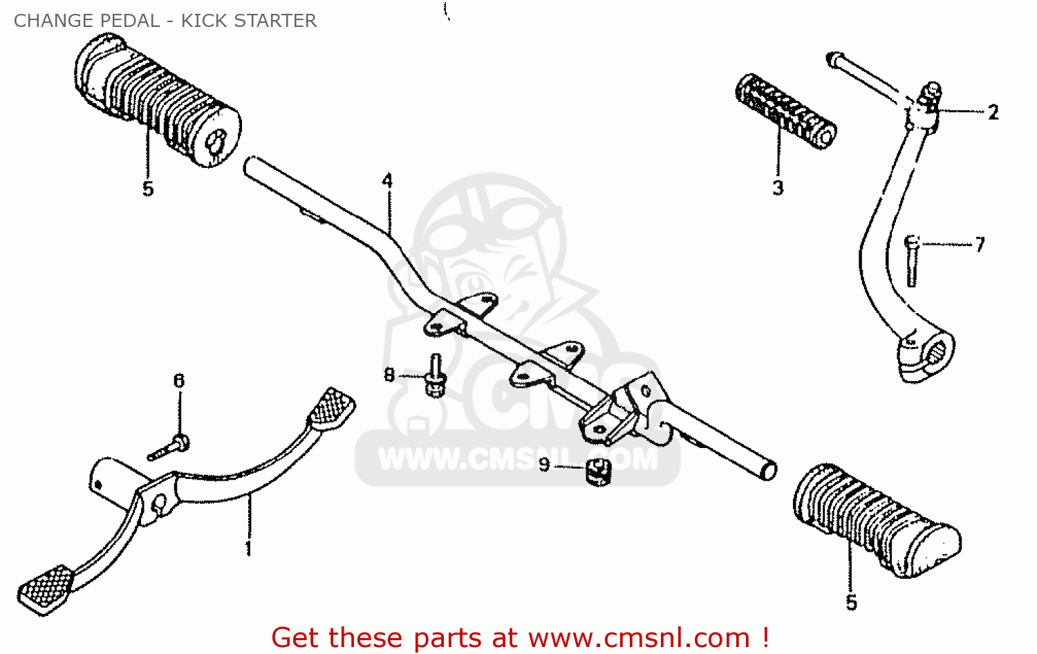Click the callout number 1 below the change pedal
click(x=248, y=548)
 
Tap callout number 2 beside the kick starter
click(x=993, y=112)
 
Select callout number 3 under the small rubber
click(x=778, y=187)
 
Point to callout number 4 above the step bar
click(x=387, y=181)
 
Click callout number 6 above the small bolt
click(x=179, y=381)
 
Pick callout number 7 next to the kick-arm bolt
click(x=980, y=244)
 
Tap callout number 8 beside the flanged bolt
click(x=389, y=375)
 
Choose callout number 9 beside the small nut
click(x=544, y=465)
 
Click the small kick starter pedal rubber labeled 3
click(x=785, y=110)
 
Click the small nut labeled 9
click(x=596, y=471)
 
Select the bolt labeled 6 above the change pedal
click(x=169, y=447)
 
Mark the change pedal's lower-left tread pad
click(x=46, y=586)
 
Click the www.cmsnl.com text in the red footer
click(x=639, y=637)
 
